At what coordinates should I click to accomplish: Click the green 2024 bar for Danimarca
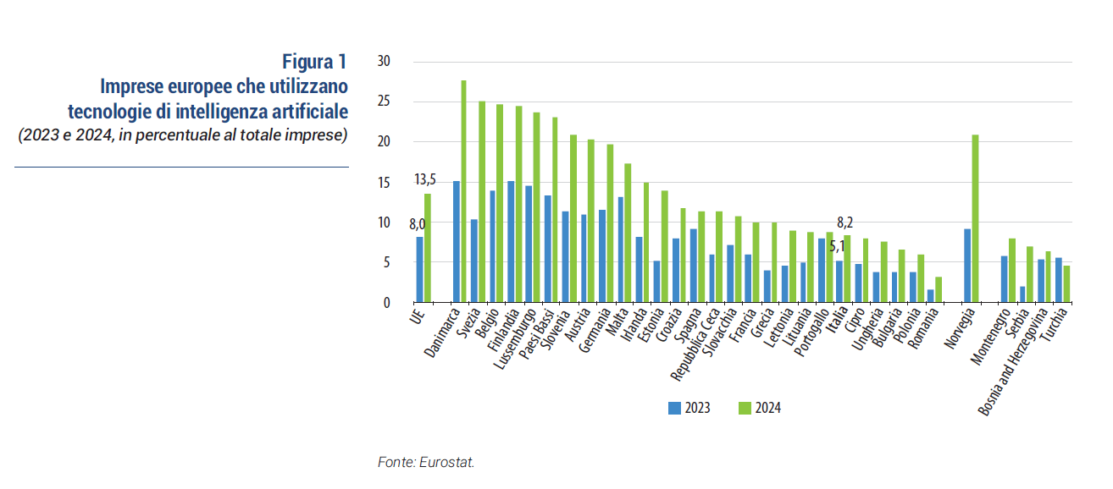tap(464, 191)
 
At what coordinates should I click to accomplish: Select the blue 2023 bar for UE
tap(419, 270)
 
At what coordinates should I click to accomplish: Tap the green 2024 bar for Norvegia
tap(975, 218)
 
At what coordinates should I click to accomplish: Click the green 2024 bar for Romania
tap(939, 289)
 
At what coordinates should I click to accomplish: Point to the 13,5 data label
tap(425, 179)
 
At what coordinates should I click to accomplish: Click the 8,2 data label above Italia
tap(844, 223)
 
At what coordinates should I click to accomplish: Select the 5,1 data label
tap(837, 247)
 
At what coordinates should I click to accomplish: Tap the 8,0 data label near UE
tap(417, 224)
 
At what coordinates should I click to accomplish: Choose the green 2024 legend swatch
tap(745, 409)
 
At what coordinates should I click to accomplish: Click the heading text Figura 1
tap(314, 62)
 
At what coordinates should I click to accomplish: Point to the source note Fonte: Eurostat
tap(426, 462)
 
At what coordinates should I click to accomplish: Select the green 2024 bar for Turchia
tap(1066, 284)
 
